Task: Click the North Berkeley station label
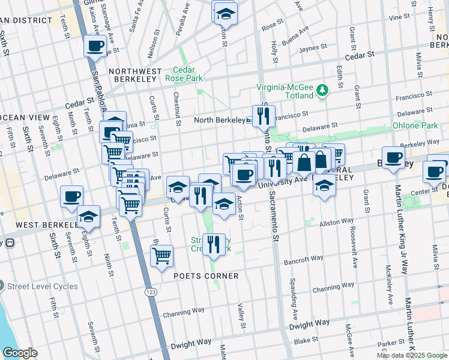(219, 120)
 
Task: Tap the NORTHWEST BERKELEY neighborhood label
(136, 71)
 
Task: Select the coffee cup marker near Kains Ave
(95, 46)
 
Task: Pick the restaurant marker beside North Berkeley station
(263, 115)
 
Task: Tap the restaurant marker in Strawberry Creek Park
(213, 243)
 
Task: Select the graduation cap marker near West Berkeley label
(89, 215)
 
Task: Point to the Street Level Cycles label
(43, 286)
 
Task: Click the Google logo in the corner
(20, 353)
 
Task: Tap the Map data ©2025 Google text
(412, 355)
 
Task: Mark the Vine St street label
(399, 17)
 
